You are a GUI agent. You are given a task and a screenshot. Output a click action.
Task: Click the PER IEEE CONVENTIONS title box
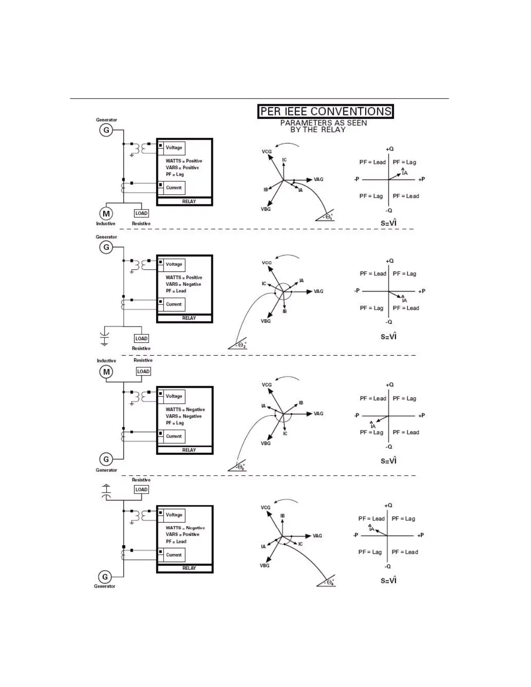[x=325, y=111]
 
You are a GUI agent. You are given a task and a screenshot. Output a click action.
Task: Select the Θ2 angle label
[x=242, y=345]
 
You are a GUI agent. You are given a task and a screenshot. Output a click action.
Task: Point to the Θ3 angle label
[x=240, y=467]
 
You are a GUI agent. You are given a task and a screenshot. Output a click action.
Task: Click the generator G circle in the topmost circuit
[x=106, y=130]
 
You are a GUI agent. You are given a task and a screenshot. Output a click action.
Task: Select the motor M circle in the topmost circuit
[x=106, y=213]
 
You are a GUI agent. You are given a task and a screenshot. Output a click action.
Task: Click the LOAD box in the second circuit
[x=141, y=338]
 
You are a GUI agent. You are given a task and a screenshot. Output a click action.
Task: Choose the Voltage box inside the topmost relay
[x=174, y=148]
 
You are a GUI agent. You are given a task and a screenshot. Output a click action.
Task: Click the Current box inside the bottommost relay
[x=174, y=555]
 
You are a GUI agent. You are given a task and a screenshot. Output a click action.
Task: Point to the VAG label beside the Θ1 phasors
[x=318, y=180]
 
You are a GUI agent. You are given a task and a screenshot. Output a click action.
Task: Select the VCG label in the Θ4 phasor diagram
[x=265, y=507]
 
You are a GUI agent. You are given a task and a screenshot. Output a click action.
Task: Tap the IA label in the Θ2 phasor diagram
[x=302, y=281]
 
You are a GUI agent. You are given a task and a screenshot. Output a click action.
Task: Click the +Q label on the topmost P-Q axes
[x=390, y=149]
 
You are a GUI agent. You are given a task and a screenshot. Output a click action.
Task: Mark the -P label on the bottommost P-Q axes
[x=356, y=535]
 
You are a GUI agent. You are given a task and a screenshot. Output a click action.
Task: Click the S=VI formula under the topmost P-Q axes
[x=389, y=223]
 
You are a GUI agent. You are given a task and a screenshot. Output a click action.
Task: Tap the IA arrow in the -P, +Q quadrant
[x=380, y=532]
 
